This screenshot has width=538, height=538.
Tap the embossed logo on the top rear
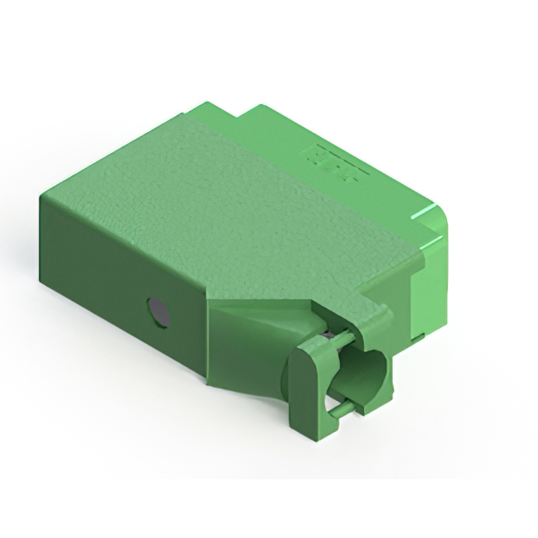[x=336, y=162]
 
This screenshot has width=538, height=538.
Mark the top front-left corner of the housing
[x=41, y=196]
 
